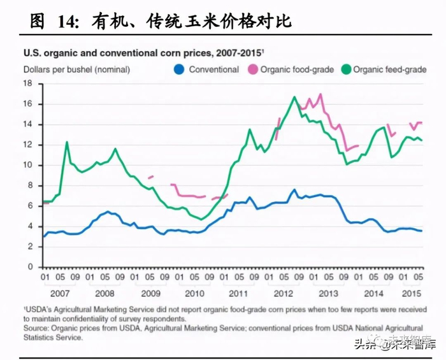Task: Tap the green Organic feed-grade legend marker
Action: (x=346, y=69)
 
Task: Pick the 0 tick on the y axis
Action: (x=31, y=267)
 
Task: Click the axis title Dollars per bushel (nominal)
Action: (x=76, y=69)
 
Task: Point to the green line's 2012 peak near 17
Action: (x=294, y=97)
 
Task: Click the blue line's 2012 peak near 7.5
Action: (x=294, y=189)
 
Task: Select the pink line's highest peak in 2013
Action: (x=320, y=94)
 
